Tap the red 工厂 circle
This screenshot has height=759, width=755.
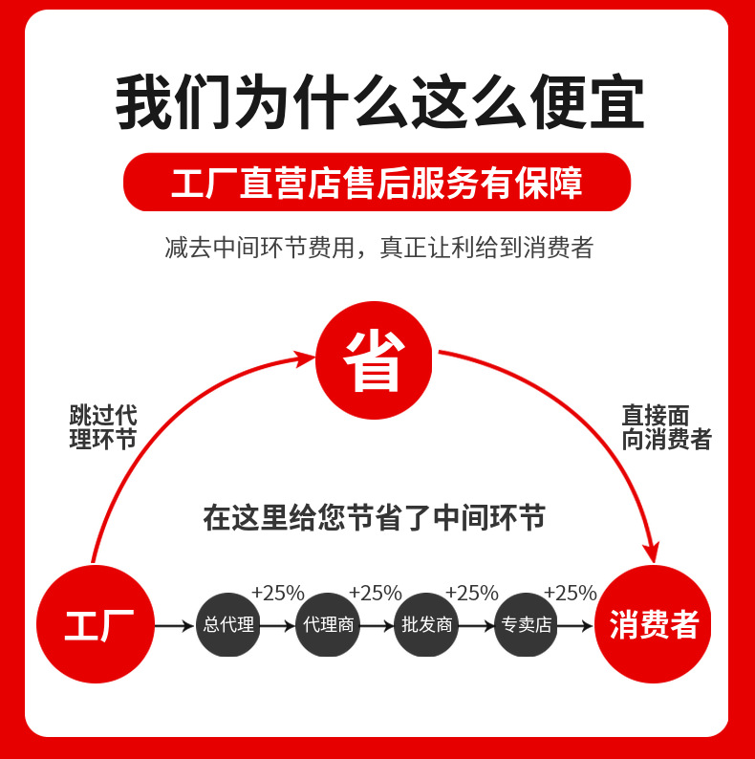point(95,624)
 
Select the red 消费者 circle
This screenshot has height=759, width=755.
point(654,624)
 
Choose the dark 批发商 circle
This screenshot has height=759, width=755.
point(427,625)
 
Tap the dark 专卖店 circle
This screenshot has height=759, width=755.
point(526,625)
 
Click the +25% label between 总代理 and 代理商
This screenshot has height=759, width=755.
point(277,593)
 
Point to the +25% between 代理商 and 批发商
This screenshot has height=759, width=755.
point(375,593)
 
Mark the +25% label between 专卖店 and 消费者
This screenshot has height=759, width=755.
point(571,593)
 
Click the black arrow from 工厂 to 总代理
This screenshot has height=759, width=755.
point(174,626)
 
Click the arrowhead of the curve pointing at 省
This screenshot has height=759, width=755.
point(305,359)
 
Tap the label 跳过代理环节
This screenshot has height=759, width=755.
point(103,427)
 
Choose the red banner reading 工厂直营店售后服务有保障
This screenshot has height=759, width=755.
point(377,183)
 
